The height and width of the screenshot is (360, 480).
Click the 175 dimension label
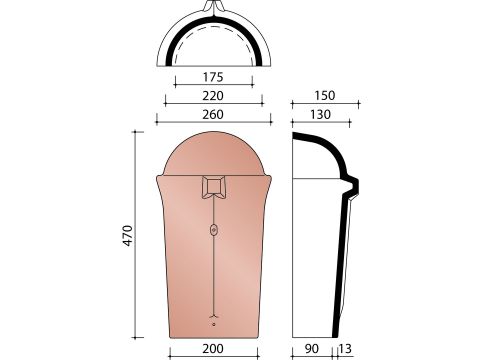pos(213,77)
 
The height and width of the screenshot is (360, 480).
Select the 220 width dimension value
pos(213,96)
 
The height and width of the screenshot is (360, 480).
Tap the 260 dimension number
pos(213,115)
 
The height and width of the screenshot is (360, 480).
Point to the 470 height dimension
pos(128,236)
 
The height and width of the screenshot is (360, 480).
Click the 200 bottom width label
pos(213,349)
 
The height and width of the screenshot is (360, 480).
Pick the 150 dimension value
pos(325,96)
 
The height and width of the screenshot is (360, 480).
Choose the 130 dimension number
pos(320,115)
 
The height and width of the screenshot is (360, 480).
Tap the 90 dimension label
pos(312,349)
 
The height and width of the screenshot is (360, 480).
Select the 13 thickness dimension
pos(345,349)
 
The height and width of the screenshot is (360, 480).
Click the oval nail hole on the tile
pos(214,230)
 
